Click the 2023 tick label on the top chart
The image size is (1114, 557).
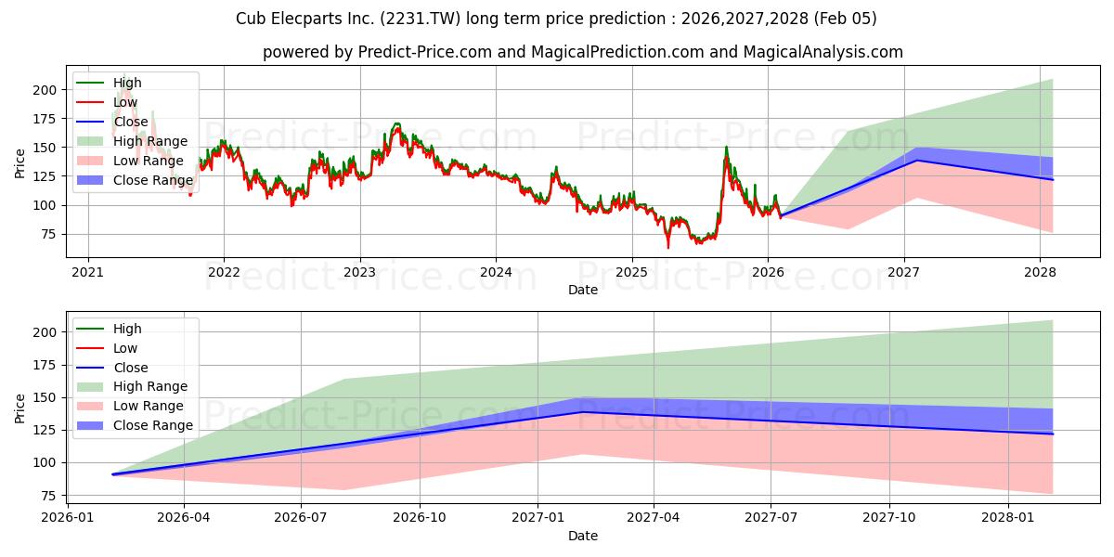click(x=359, y=272)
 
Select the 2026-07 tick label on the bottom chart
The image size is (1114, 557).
click(x=302, y=515)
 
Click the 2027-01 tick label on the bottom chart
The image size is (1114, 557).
click(x=537, y=515)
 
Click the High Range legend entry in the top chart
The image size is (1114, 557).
click(x=150, y=141)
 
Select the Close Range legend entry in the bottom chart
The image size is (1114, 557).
click(x=153, y=425)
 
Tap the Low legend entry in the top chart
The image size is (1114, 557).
click(x=125, y=102)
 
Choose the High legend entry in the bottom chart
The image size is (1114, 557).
click(x=127, y=329)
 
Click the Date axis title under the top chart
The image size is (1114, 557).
click(x=582, y=291)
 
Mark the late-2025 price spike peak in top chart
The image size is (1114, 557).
click(x=726, y=147)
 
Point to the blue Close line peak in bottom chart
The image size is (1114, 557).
click(x=582, y=412)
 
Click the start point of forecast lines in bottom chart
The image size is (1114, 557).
click(x=113, y=474)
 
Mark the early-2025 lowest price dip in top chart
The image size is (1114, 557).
click(x=667, y=247)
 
